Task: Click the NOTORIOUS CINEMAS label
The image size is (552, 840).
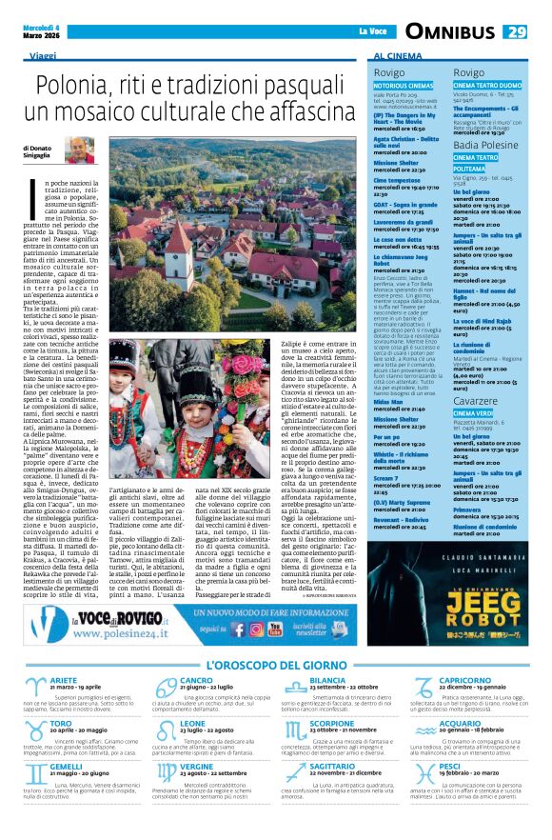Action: (404, 86)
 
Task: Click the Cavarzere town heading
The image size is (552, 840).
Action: (479, 402)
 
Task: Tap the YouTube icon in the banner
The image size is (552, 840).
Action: (276, 629)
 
